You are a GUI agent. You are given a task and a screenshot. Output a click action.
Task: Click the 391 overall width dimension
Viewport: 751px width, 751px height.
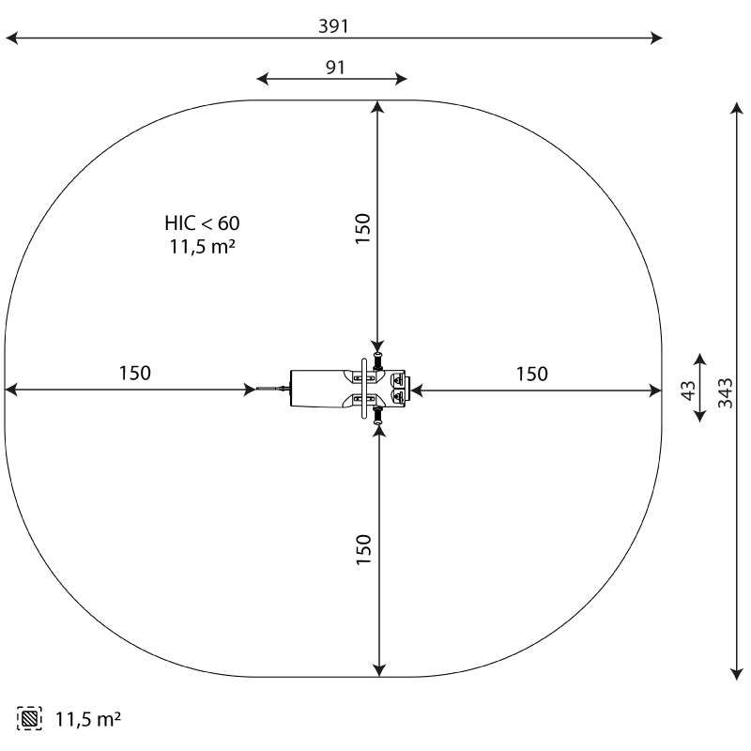click(x=333, y=26)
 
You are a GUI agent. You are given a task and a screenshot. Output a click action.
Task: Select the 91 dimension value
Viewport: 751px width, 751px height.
click(x=335, y=68)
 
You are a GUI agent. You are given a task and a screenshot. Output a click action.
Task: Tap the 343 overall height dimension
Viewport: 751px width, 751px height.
click(x=725, y=392)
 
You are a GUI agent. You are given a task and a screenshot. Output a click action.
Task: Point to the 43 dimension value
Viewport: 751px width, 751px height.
click(x=688, y=391)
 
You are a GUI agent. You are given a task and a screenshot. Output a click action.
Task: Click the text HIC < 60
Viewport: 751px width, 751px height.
click(x=202, y=223)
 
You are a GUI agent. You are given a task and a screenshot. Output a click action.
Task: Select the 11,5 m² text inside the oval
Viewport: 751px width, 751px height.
click(x=202, y=247)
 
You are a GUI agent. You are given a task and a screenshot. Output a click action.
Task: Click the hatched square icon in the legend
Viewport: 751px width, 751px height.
click(x=29, y=718)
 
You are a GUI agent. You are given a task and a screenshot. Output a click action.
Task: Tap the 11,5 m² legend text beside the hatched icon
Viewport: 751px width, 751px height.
click(x=88, y=719)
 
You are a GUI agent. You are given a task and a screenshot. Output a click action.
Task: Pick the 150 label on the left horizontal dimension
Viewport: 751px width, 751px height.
click(x=134, y=373)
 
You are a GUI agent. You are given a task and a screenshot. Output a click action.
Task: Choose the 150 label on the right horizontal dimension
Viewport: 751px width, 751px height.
click(x=531, y=374)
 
